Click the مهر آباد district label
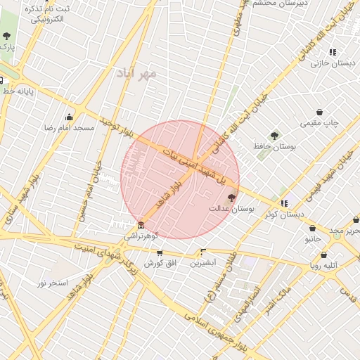click(139, 73)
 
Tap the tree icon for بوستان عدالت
click(232, 198)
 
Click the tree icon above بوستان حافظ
click(274, 136)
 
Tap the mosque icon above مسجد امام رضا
click(69, 117)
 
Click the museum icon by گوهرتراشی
click(141, 225)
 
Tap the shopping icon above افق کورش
click(160, 252)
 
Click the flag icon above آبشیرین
click(203, 252)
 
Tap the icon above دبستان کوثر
click(284, 203)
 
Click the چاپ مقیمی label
click(320, 123)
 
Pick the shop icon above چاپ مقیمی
click(320, 112)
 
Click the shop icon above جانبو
click(312, 228)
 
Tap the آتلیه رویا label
click(324, 266)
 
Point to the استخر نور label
click(53, 283)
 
